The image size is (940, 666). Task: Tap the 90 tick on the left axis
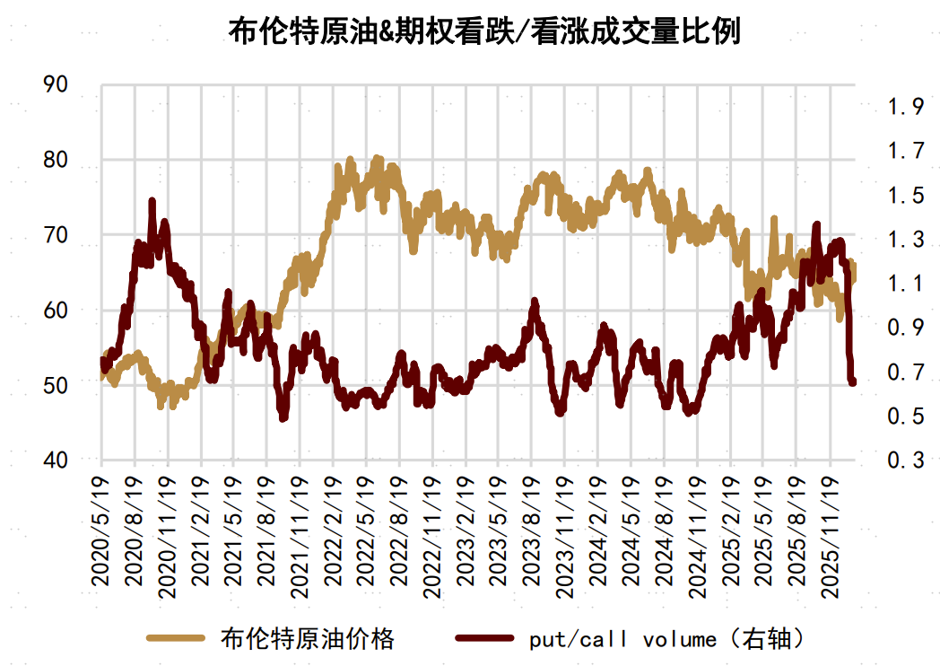tap(56, 85)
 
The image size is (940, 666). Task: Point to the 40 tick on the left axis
tap(56, 460)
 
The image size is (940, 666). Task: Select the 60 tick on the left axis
tap(56, 310)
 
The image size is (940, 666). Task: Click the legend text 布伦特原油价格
tap(307, 639)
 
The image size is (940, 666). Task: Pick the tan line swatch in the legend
tap(178, 639)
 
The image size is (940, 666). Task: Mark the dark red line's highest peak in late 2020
tap(152, 201)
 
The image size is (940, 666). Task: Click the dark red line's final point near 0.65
tap(852, 382)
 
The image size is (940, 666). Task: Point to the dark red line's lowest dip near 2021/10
tap(283, 417)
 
